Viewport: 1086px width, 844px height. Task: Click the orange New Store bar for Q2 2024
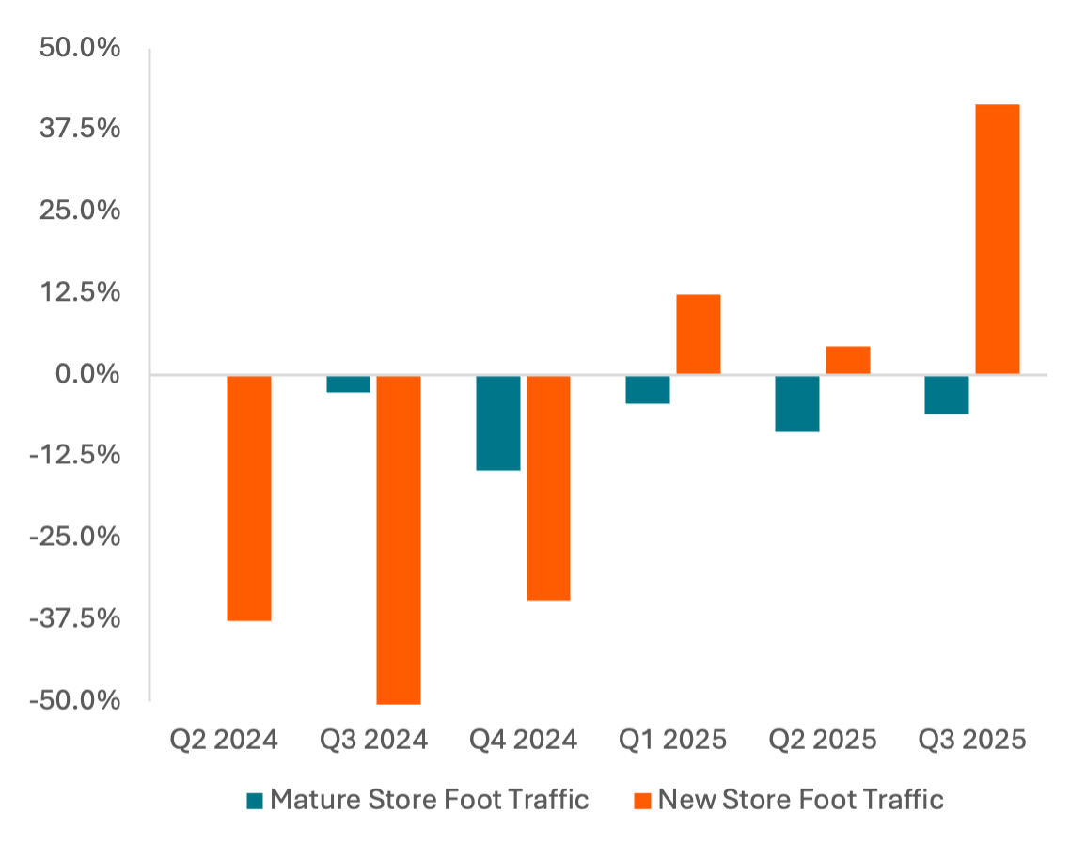click(x=249, y=498)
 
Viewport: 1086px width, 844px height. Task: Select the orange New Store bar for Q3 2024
click(x=399, y=539)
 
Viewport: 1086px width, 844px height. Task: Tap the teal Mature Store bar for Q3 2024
click(x=348, y=383)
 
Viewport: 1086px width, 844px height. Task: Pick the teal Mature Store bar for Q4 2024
click(x=497, y=422)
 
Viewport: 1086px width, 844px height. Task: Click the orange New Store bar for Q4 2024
click(x=548, y=487)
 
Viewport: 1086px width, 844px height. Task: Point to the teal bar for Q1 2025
click(x=648, y=389)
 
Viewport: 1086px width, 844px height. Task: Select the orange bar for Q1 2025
click(x=699, y=335)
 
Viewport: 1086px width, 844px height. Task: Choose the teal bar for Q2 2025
click(x=797, y=403)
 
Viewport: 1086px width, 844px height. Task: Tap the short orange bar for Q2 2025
click(x=848, y=360)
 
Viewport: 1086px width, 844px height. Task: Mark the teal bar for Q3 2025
click(x=947, y=395)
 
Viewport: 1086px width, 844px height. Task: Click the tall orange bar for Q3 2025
click(x=998, y=240)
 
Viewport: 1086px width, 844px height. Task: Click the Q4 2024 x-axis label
click(x=524, y=740)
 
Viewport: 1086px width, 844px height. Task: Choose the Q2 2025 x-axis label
click(x=822, y=740)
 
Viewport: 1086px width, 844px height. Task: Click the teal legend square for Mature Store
click(x=255, y=801)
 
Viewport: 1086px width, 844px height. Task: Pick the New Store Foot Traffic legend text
click(x=799, y=800)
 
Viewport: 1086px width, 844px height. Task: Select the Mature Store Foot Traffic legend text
click(x=429, y=800)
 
